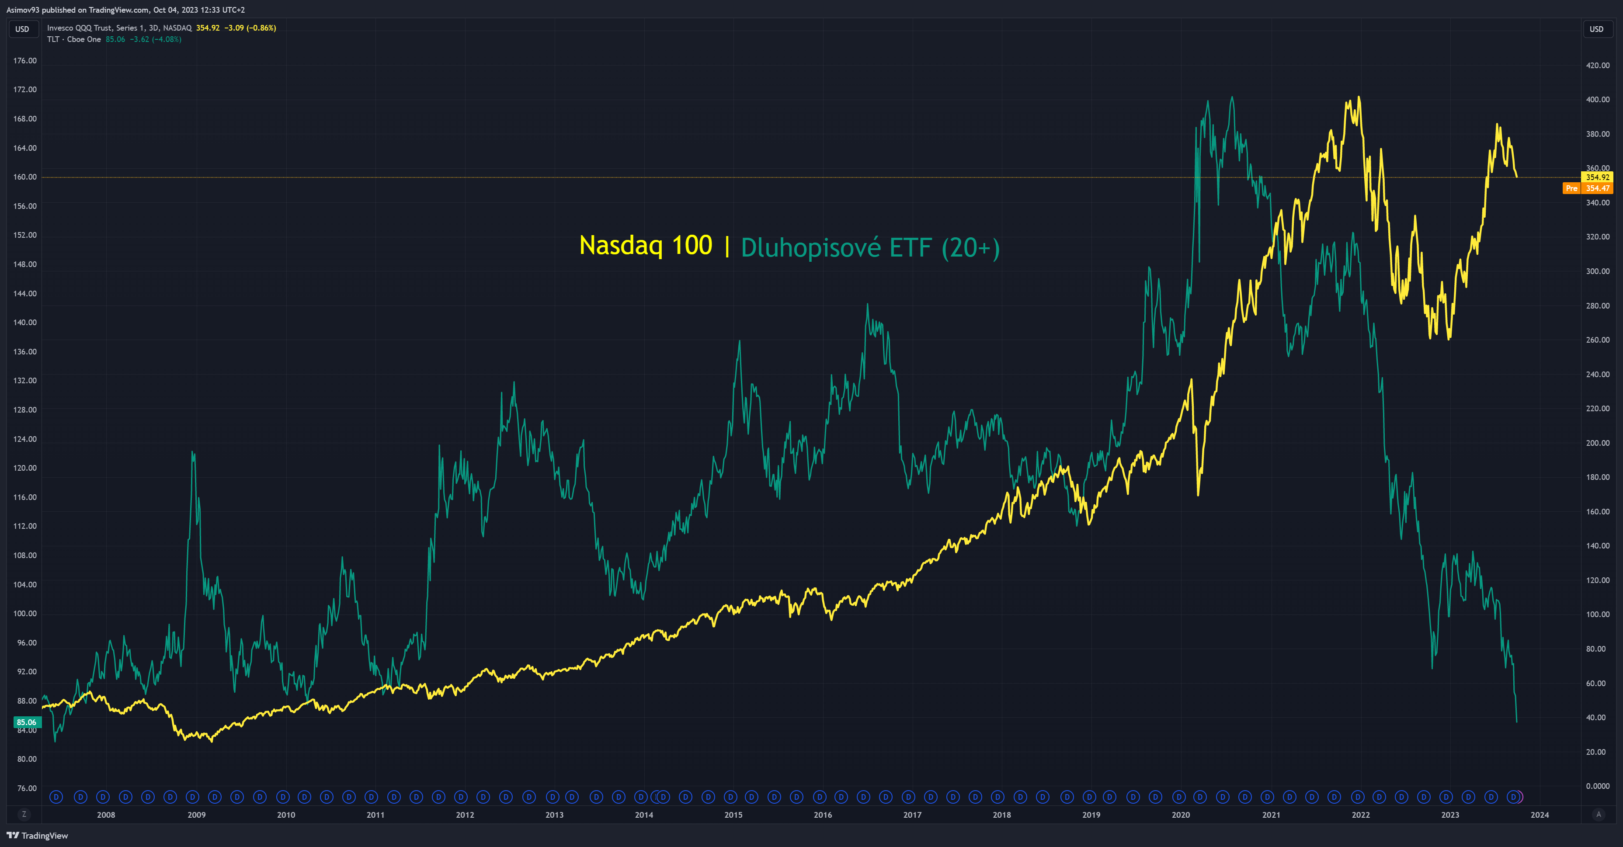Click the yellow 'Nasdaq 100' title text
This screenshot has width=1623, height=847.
[x=645, y=246]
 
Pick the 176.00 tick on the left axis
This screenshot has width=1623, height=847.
[x=25, y=60]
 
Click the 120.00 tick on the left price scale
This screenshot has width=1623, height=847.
[x=25, y=468]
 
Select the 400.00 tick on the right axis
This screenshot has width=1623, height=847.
[x=1597, y=100]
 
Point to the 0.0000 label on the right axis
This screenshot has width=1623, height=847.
[x=1597, y=786]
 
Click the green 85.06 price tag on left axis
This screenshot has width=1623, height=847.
[x=27, y=722]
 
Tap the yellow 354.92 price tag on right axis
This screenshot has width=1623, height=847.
[x=1597, y=177]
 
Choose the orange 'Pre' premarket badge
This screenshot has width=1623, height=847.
[x=1571, y=188]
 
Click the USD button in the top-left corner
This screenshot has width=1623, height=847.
[x=22, y=29]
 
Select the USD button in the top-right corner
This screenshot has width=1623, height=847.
[x=1596, y=29]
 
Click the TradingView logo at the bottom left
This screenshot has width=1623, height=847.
[x=37, y=836]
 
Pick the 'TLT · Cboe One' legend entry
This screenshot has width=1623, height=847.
[x=74, y=39]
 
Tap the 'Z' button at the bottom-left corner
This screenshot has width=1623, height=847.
[x=24, y=814]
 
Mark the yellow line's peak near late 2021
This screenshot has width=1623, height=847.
[x=1359, y=97]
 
